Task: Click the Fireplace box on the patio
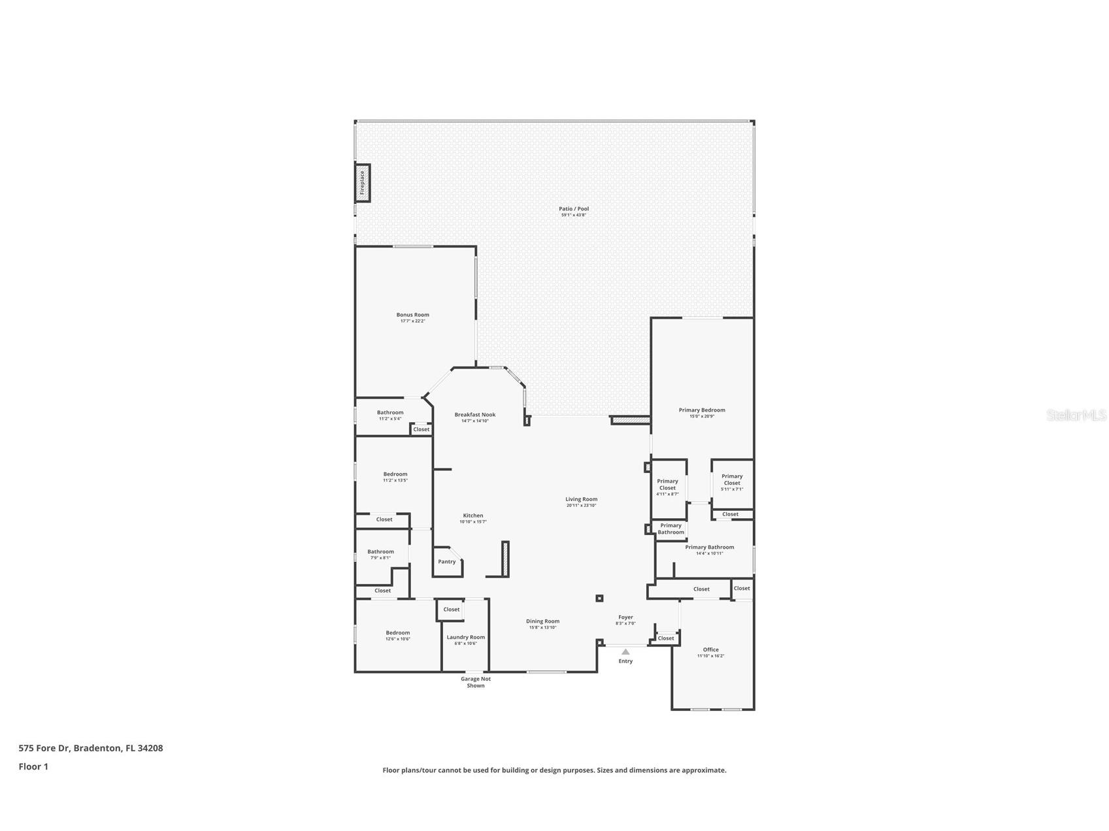click(x=363, y=183)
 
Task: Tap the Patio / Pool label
click(x=574, y=209)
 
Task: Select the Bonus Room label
click(x=412, y=315)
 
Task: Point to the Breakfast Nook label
click(x=475, y=415)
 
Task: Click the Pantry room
click(x=447, y=562)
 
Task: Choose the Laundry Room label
click(x=466, y=638)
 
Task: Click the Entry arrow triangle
click(x=625, y=651)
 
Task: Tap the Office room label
click(x=711, y=650)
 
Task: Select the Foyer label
click(x=625, y=617)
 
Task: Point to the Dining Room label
click(x=542, y=621)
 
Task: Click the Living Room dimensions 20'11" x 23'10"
click(x=581, y=506)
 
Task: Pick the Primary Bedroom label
click(x=702, y=410)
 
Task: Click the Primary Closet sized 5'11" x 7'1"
click(x=732, y=482)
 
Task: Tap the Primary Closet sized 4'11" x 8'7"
click(x=667, y=487)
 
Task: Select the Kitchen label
click(x=473, y=515)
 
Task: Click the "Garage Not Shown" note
click(x=476, y=682)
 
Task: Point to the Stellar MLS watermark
click(x=1076, y=415)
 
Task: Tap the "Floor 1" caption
click(x=33, y=767)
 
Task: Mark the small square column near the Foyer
click(x=599, y=598)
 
